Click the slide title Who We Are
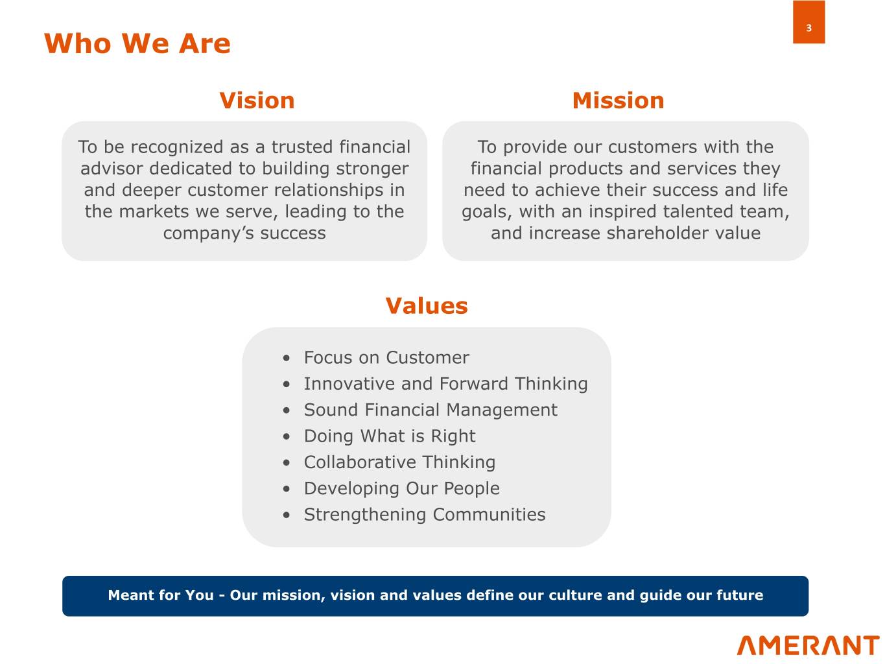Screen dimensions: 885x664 (x=137, y=43)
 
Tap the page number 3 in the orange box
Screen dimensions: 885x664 (x=808, y=28)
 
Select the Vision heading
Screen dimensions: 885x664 (x=257, y=101)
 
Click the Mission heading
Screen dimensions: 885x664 (x=618, y=101)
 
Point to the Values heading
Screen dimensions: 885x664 (x=427, y=305)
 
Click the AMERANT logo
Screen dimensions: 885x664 (x=808, y=645)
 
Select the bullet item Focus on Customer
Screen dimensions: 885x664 (x=386, y=357)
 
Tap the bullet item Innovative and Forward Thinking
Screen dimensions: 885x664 (x=446, y=383)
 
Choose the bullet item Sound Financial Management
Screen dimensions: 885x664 (x=431, y=410)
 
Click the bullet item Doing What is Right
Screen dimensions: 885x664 (x=390, y=436)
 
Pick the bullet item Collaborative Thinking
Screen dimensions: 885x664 (x=399, y=462)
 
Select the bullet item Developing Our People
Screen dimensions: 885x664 (x=402, y=488)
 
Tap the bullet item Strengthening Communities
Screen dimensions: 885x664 (x=425, y=514)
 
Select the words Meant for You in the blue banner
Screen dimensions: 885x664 (x=161, y=595)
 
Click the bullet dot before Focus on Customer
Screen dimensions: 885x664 (x=287, y=358)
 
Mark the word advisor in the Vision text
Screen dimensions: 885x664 (x=112, y=169)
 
